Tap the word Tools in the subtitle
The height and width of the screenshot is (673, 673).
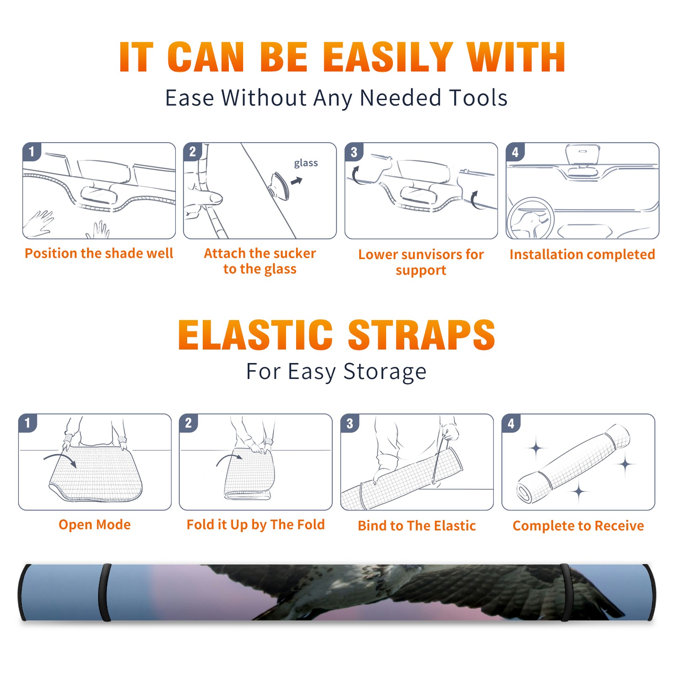click(x=478, y=98)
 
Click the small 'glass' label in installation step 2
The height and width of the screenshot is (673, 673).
click(x=306, y=163)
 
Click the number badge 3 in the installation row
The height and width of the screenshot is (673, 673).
click(x=354, y=152)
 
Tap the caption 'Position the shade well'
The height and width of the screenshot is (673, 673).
click(x=99, y=253)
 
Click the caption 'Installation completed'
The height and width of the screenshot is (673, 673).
click(x=582, y=254)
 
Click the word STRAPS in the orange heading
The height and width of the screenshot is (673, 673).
click(x=421, y=335)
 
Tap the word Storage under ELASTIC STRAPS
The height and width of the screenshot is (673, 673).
click(x=385, y=372)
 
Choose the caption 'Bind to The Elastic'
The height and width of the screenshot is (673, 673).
click(x=416, y=526)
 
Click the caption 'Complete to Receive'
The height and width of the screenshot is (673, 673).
click(x=578, y=526)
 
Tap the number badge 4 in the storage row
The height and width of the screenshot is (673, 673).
click(x=511, y=423)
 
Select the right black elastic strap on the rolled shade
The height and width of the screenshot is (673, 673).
click(x=565, y=593)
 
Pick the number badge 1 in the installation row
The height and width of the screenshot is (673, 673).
click(x=32, y=152)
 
